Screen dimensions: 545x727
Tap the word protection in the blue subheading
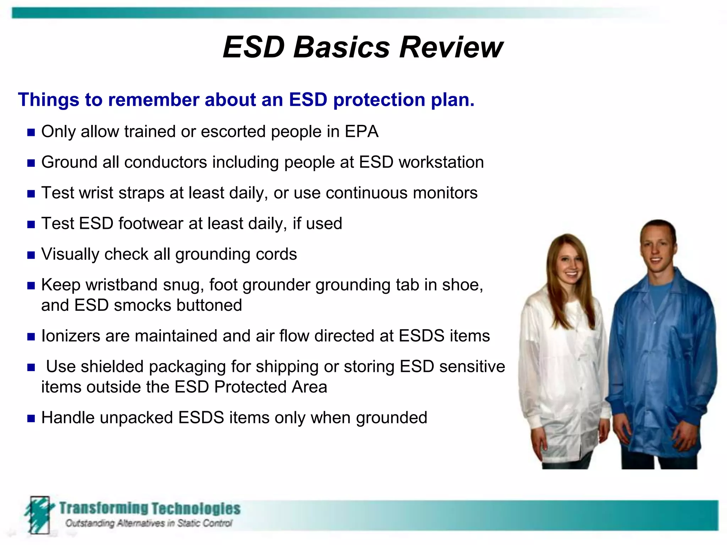click(x=379, y=100)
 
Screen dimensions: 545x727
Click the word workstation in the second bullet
click(x=441, y=162)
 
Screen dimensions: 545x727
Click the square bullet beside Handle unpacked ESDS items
click(x=31, y=419)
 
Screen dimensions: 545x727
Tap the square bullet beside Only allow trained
click(x=31, y=133)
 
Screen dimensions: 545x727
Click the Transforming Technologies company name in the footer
click(x=149, y=508)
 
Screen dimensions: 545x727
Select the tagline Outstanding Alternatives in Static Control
click(x=149, y=523)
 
